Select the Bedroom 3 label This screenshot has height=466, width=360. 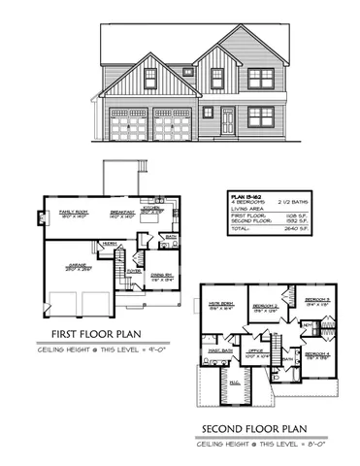[318, 299]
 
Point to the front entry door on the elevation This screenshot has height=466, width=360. [227, 121]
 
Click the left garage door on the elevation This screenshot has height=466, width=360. [129, 125]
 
